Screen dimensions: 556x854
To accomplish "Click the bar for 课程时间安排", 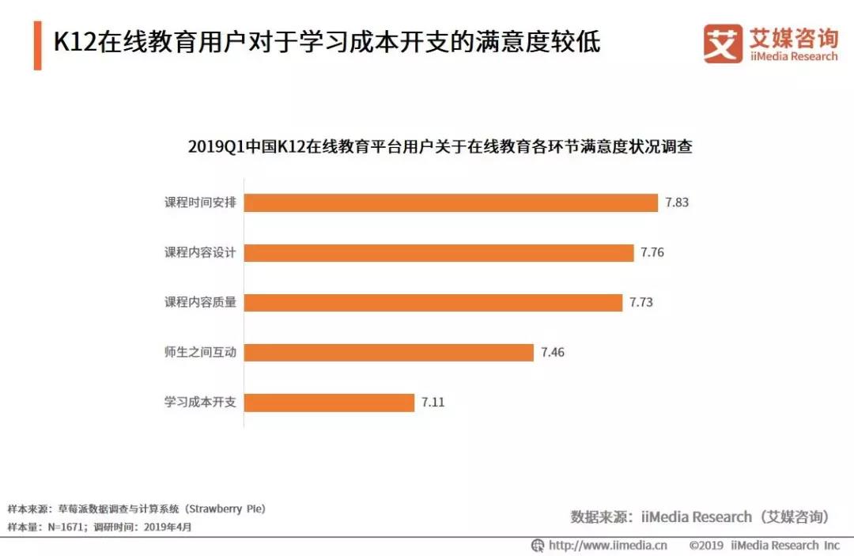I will click(x=451, y=202).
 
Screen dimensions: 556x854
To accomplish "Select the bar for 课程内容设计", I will click(x=439, y=253).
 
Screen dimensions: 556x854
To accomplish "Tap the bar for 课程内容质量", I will click(x=433, y=303).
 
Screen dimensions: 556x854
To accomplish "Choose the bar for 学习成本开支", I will click(x=329, y=403).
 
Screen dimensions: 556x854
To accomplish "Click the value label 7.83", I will click(x=677, y=202).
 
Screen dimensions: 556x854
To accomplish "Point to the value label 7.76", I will click(x=653, y=253).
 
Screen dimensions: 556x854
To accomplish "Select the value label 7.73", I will click(x=642, y=303).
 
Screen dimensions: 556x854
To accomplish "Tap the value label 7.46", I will click(x=554, y=353).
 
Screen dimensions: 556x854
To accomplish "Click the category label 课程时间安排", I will click(x=200, y=202).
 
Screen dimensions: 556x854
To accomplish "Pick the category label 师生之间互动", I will click(x=200, y=353).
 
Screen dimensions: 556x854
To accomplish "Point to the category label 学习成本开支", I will click(x=200, y=403).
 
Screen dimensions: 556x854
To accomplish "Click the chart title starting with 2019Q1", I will click(x=440, y=147).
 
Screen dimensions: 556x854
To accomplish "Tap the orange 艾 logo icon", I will click(x=723, y=43).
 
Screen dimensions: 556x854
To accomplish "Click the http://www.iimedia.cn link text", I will click(x=608, y=545).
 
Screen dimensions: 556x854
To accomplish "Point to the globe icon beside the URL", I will click(x=538, y=545).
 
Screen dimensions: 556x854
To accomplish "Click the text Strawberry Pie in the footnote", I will click(x=225, y=509).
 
